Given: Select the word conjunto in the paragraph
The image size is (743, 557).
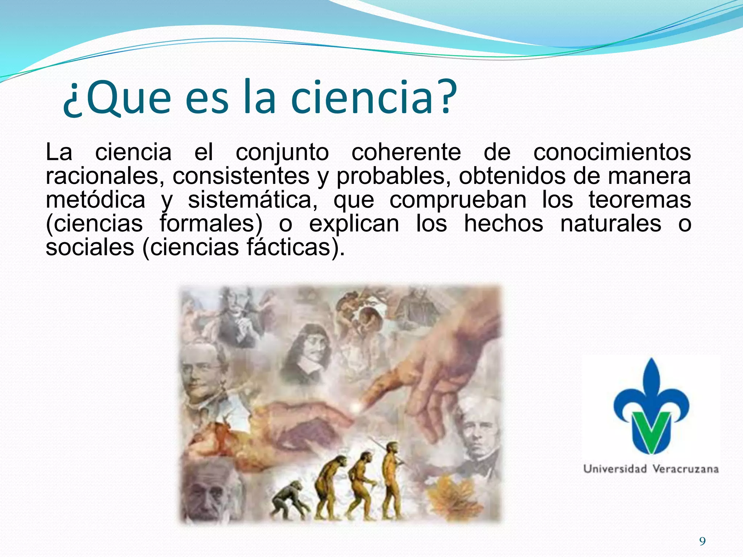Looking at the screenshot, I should point(282,152).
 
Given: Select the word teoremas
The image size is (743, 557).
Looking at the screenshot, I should point(640,200).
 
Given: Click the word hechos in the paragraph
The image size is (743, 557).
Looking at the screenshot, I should point(503,223).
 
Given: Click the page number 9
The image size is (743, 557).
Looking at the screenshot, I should point(702,541).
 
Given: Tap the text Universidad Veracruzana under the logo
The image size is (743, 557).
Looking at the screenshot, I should point(651,469).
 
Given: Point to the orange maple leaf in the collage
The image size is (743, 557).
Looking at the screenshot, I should point(450,493).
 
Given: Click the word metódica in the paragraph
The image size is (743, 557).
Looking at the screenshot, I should point(95,200).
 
